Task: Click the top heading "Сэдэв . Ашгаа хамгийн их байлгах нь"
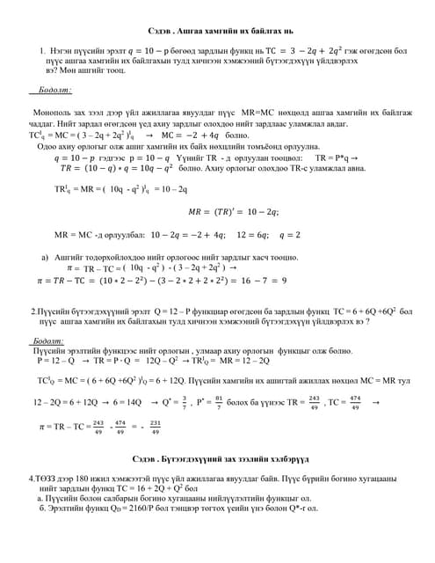tap(217, 31)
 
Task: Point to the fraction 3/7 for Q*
tap(184, 402)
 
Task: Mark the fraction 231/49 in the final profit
tap(155, 428)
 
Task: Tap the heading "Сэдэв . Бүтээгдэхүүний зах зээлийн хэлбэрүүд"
tap(217, 459)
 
